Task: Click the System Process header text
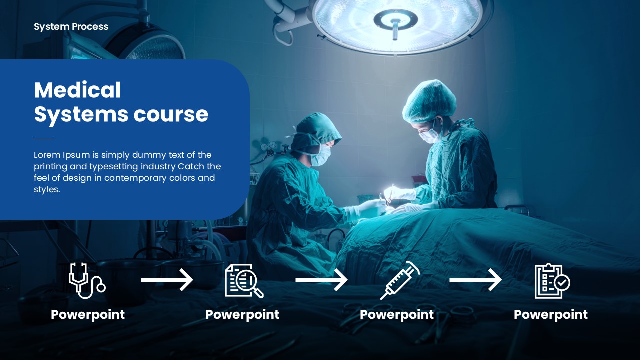pyautogui.click(x=71, y=27)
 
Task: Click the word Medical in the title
pyautogui.click(x=77, y=90)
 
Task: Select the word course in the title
pyautogui.click(x=171, y=114)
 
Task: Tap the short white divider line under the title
pyautogui.click(x=43, y=139)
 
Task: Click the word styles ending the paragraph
pyautogui.click(x=47, y=189)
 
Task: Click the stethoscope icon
pyautogui.click(x=87, y=281)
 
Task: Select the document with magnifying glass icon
pyautogui.click(x=244, y=281)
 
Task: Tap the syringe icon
pyautogui.click(x=400, y=281)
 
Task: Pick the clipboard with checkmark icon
pyautogui.click(x=552, y=281)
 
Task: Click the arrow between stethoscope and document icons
pyautogui.click(x=167, y=280)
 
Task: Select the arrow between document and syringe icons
pyautogui.click(x=321, y=280)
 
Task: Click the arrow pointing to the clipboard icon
pyautogui.click(x=475, y=280)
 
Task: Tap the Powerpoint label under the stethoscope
pyautogui.click(x=88, y=315)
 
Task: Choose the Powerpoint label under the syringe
pyautogui.click(x=397, y=315)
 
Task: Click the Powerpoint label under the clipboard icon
pyautogui.click(x=551, y=315)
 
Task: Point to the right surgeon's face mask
pyautogui.click(x=430, y=135)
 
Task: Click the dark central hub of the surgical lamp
pyautogui.click(x=395, y=20)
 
